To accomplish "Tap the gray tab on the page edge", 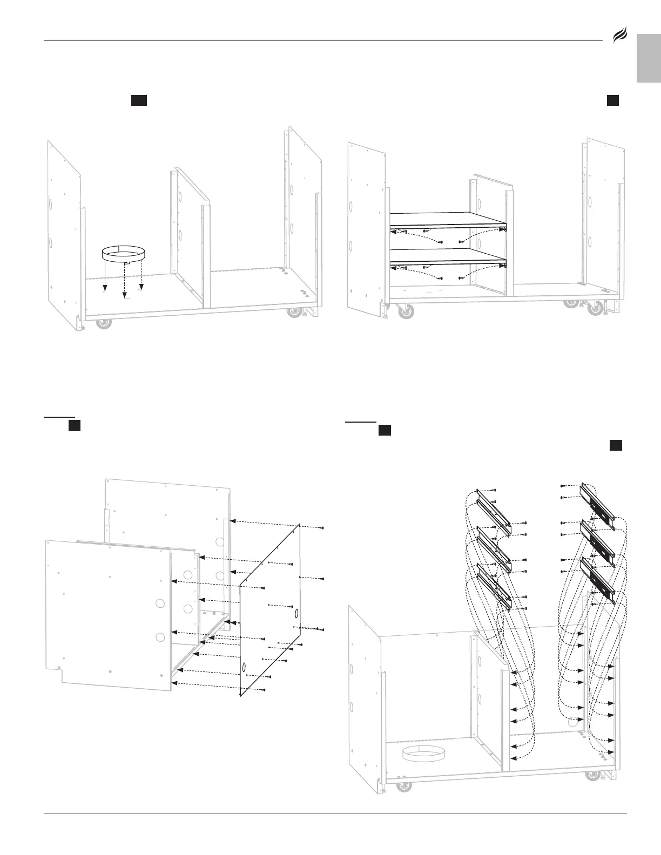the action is click(649, 58).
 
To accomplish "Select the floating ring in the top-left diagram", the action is click(124, 254).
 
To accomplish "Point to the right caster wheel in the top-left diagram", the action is click(294, 313).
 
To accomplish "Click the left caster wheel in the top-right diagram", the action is click(404, 311).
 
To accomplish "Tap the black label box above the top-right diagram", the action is click(612, 100).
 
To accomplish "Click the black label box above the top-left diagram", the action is click(139, 100).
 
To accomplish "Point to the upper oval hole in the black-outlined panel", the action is click(297, 614).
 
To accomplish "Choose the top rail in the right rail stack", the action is click(597, 504).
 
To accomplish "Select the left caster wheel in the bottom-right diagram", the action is click(402, 787).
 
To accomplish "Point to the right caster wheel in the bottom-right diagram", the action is click(592, 777).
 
